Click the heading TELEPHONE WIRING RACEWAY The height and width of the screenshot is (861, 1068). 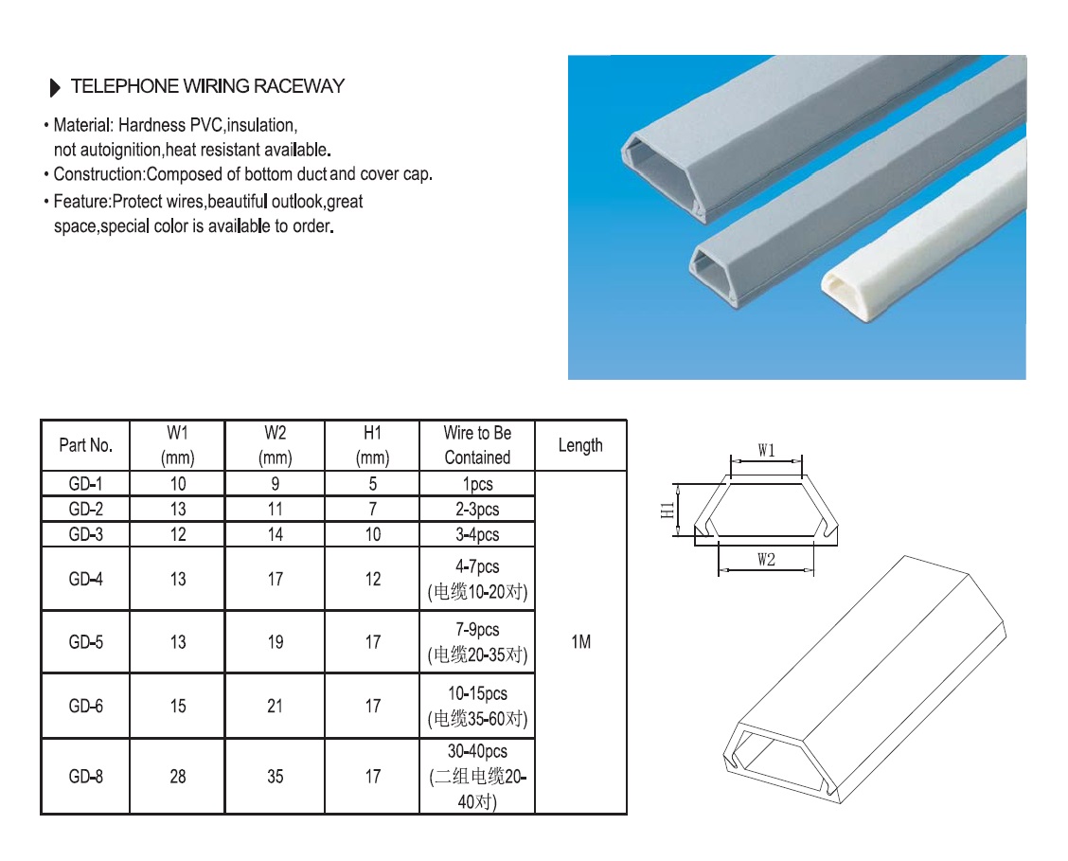point(207,86)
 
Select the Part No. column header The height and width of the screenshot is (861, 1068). point(85,445)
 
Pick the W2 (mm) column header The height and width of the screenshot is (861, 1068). point(275,445)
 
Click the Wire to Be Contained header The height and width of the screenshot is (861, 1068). point(477,445)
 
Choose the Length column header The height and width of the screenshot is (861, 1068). point(580,445)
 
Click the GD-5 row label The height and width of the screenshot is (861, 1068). point(85,641)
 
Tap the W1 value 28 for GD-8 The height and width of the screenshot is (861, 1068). point(178,777)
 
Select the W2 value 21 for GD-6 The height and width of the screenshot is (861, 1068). point(275,706)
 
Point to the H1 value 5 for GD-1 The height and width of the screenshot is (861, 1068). point(372,484)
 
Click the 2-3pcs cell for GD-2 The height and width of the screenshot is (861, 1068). point(477,510)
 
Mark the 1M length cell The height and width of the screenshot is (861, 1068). point(580,642)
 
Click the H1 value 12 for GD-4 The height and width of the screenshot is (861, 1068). point(372,579)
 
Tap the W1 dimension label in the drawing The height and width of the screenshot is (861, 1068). point(766,451)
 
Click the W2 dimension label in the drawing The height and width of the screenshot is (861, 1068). point(766,560)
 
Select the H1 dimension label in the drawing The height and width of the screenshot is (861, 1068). point(667,510)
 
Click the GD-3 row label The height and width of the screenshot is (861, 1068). point(85,534)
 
